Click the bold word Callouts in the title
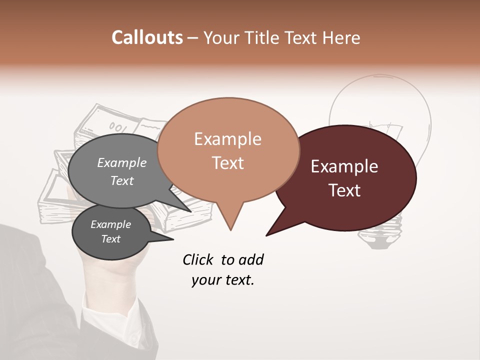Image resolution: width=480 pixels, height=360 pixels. [x=147, y=37]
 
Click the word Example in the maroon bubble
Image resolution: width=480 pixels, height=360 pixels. [x=344, y=166]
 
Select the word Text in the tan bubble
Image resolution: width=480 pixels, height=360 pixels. [x=228, y=163]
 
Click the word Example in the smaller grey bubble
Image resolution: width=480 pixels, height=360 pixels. [x=110, y=224]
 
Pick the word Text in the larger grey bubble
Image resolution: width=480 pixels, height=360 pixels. [x=121, y=180]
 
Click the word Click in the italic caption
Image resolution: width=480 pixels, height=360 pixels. [x=199, y=259]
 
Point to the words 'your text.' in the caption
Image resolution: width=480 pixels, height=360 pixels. [x=223, y=280]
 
